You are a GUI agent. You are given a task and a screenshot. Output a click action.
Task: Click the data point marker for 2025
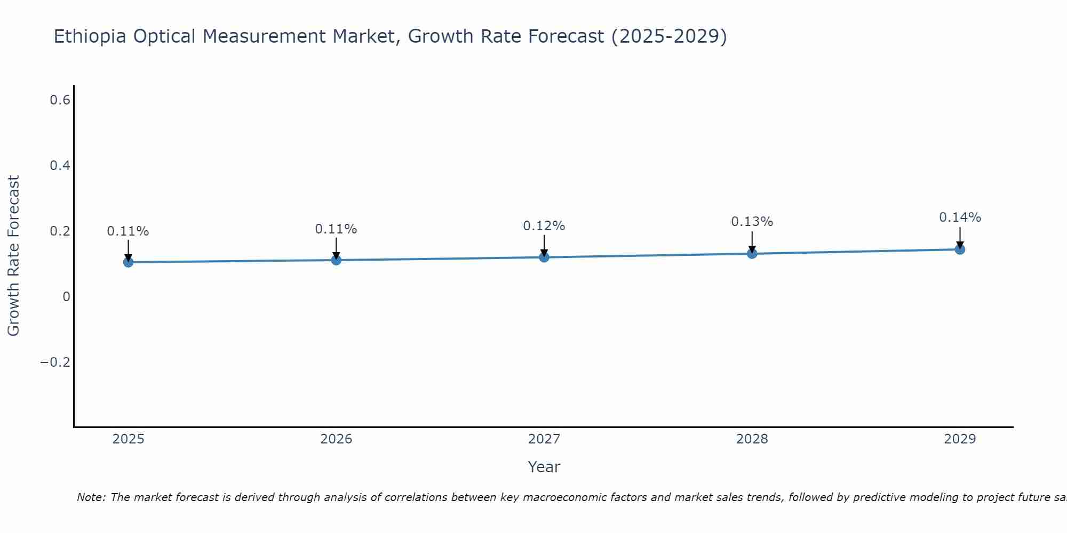pyautogui.click(x=128, y=262)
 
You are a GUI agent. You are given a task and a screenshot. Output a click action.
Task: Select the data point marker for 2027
pyautogui.click(x=544, y=257)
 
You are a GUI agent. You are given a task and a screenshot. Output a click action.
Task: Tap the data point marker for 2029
pyautogui.click(x=960, y=249)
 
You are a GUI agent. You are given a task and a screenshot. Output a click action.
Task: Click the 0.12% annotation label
pyautogui.click(x=544, y=226)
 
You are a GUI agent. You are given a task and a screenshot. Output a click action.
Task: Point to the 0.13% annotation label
pyautogui.click(x=752, y=222)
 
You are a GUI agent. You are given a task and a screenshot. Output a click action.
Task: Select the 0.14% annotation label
pyautogui.click(x=960, y=217)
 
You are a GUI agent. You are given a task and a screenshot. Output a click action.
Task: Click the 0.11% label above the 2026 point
pyautogui.click(x=336, y=229)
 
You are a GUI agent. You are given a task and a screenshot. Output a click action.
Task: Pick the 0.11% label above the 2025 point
pyautogui.click(x=128, y=231)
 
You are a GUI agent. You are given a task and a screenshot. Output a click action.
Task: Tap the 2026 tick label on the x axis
pyautogui.click(x=336, y=439)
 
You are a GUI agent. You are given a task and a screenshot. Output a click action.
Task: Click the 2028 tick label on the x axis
pyautogui.click(x=752, y=439)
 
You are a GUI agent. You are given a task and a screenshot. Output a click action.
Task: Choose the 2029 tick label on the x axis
pyautogui.click(x=960, y=439)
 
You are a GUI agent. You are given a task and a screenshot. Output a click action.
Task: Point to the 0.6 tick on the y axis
pyautogui.click(x=60, y=100)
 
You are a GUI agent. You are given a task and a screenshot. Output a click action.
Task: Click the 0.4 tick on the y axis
pyautogui.click(x=60, y=166)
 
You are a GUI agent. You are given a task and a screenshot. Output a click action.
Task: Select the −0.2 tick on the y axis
pyautogui.click(x=55, y=362)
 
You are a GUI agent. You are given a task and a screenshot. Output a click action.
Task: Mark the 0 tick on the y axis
pyautogui.click(x=66, y=297)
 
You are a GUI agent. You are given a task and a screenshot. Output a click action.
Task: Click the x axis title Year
pyautogui.click(x=544, y=467)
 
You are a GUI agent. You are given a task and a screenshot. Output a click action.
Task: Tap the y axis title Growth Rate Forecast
pyautogui.click(x=13, y=256)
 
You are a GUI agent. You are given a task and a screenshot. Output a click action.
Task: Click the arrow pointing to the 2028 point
pyautogui.click(x=752, y=243)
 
